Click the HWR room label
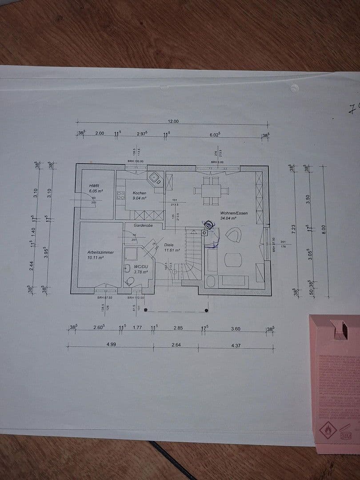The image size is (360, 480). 94,185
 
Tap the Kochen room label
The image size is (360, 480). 139,193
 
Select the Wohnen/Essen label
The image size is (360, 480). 234,213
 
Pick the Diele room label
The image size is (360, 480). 169,245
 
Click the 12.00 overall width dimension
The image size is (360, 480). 173,121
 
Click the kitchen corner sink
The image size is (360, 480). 155,179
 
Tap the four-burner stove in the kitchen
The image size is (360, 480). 121,196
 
